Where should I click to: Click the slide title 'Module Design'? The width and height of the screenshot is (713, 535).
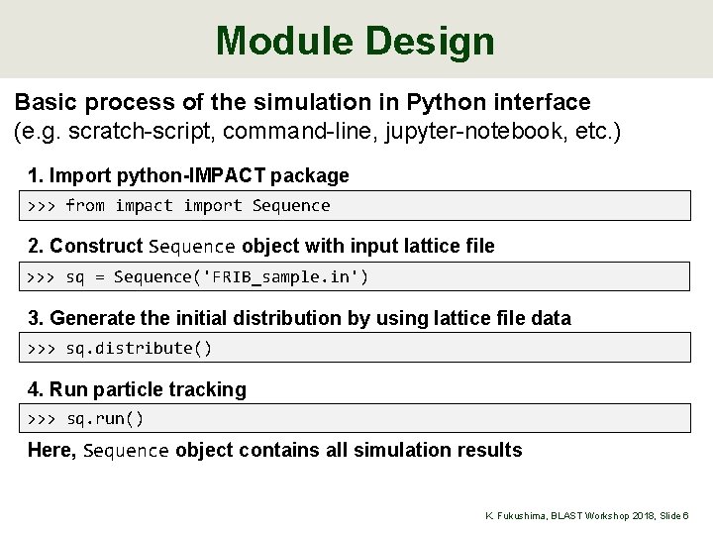pyautogui.click(x=355, y=41)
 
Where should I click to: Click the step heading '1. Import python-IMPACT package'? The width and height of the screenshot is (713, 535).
pyautogui.click(x=188, y=175)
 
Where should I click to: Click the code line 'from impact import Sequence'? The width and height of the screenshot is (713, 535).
pyautogui.click(x=198, y=205)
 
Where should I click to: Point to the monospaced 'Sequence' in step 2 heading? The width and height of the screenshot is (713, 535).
pyautogui.click(x=192, y=246)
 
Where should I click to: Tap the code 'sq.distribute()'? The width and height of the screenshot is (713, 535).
pyautogui.click(x=140, y=348)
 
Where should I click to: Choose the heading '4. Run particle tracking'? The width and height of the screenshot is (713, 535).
pyautogui.click(x=137, y=389)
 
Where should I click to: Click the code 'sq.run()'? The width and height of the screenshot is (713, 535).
pyautogui.click(x=106, y=419)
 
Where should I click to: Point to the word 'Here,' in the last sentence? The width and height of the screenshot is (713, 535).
pyautogui.click(x=53, y=451)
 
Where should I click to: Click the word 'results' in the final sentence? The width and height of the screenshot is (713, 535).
pyautogui.click(x=489, y=451)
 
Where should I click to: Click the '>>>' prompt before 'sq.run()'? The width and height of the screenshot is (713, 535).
pyautogui.click(x=42, y=419)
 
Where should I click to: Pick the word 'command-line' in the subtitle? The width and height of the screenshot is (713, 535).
pyautogui.click(x=294, y=131)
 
